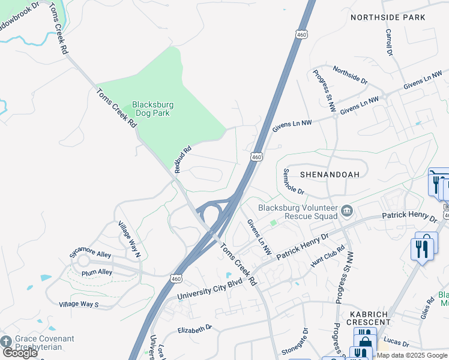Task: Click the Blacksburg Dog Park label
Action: coord(152,109)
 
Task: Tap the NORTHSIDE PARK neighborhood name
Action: coord(388,17)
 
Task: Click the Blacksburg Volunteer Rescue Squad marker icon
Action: coord(347,211)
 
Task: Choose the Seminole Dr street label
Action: coord(294,181)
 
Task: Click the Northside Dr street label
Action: coord(350,75)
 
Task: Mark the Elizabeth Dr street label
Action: coord(195,329)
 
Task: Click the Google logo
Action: coord(20,353)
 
